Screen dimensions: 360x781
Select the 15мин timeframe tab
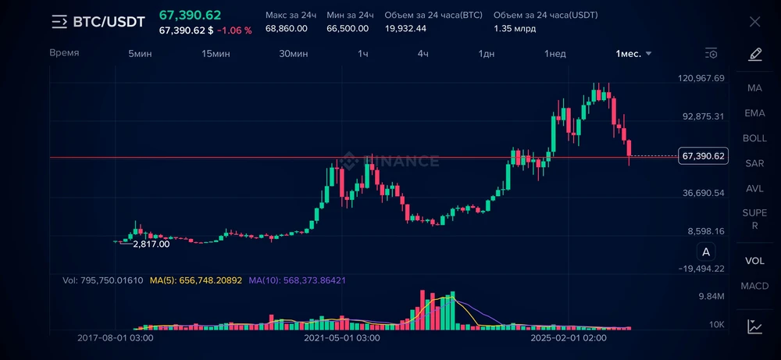click(216, 53)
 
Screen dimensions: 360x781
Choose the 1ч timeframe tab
click(363, 53)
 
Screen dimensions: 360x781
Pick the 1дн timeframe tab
click(487, 53)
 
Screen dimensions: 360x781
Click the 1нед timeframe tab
click(555, 53)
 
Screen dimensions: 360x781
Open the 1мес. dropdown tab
click(633, 53)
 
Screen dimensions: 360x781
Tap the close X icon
click(754, 22)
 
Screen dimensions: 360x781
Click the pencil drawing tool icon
click(754, 54)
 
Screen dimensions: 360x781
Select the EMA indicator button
click(754, 113)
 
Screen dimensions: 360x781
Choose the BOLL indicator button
click(754, 138)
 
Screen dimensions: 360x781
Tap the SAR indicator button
click(754, 163)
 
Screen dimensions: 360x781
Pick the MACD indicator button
click(754, 286)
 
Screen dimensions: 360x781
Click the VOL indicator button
click(754, 261)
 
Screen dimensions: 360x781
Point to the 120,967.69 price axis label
click(702, 78)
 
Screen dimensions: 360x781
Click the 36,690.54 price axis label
click(702, 193)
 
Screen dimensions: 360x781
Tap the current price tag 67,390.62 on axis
click(704, 156)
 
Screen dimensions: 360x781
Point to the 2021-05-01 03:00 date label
click(342, 338)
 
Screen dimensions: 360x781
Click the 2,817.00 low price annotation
click(152, 244)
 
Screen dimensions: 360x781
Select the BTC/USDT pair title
click(109, 22)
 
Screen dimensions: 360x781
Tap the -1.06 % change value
click(234, 30)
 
